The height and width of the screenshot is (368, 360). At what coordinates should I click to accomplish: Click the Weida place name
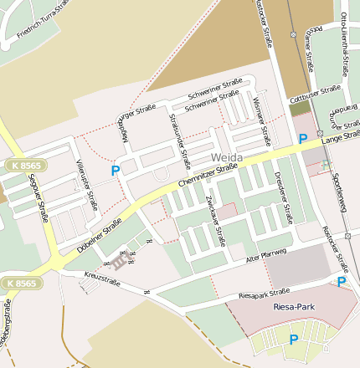point(228,157)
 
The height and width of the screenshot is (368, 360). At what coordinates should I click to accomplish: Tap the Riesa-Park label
point(292,307)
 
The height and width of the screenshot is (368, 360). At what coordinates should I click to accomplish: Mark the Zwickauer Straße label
point(215,217)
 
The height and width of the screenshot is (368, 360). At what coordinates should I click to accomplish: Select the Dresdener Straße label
point(282,198)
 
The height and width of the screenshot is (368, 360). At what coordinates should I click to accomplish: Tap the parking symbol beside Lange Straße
point(303,138)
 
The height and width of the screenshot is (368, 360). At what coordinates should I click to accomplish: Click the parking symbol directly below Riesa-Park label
point(293,339)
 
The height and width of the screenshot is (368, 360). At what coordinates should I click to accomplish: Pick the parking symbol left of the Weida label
point(116,170)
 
